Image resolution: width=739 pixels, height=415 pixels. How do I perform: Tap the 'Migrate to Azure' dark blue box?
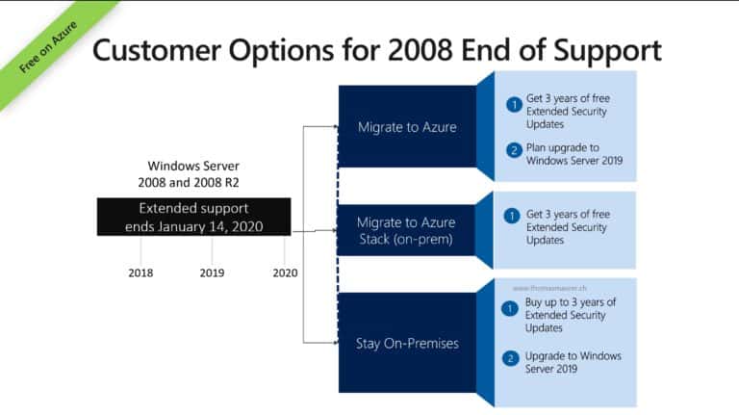point(406,126)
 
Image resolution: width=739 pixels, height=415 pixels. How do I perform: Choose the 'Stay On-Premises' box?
point(406,342)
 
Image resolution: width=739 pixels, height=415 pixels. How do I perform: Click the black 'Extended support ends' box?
point(193,218)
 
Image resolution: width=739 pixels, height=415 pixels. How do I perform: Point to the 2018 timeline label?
point(140,272)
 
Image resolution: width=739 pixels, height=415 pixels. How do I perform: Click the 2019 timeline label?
point(212,272)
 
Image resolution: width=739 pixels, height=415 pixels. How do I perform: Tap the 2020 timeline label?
point(285,272)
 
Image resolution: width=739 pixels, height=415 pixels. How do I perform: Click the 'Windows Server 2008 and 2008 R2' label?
point(193,173)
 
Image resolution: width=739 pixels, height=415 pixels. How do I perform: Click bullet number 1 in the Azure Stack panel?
point(513,216)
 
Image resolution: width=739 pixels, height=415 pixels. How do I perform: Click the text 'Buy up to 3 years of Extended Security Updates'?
point(570,315)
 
